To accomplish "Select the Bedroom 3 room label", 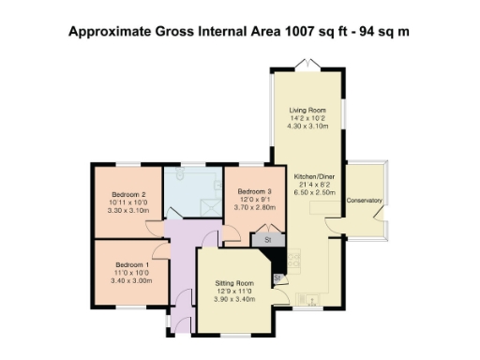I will click(x=254, y=191).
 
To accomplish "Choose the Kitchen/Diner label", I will click(x=314, y=176).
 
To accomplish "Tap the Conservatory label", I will click(x=365, y=201).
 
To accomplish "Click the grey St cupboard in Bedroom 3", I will click(x=267, y=240).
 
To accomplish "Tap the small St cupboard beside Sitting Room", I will click(x=278, y=278).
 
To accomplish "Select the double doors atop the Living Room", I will click(x=306, y=64).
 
